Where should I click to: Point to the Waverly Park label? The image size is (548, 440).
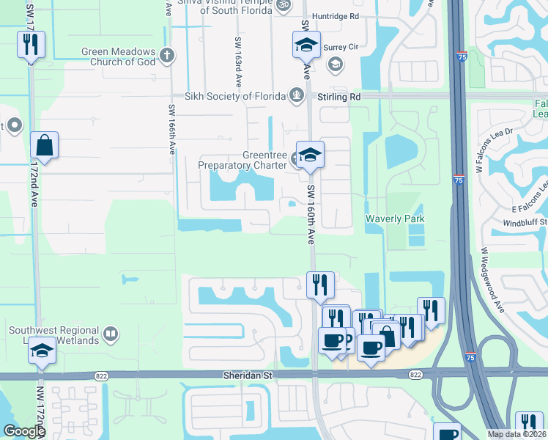[395, 219]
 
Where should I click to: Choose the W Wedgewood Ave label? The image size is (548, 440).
[492, 279]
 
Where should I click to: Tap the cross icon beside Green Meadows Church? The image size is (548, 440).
[167, 55]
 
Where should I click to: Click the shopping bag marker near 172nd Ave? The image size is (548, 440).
[45, 145]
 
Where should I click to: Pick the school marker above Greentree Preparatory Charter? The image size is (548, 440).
[309, 155]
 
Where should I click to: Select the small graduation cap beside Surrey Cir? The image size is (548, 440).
[335, 65]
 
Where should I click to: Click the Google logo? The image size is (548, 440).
[24, 431]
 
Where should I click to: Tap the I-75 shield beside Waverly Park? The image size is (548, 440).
[458, 180]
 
